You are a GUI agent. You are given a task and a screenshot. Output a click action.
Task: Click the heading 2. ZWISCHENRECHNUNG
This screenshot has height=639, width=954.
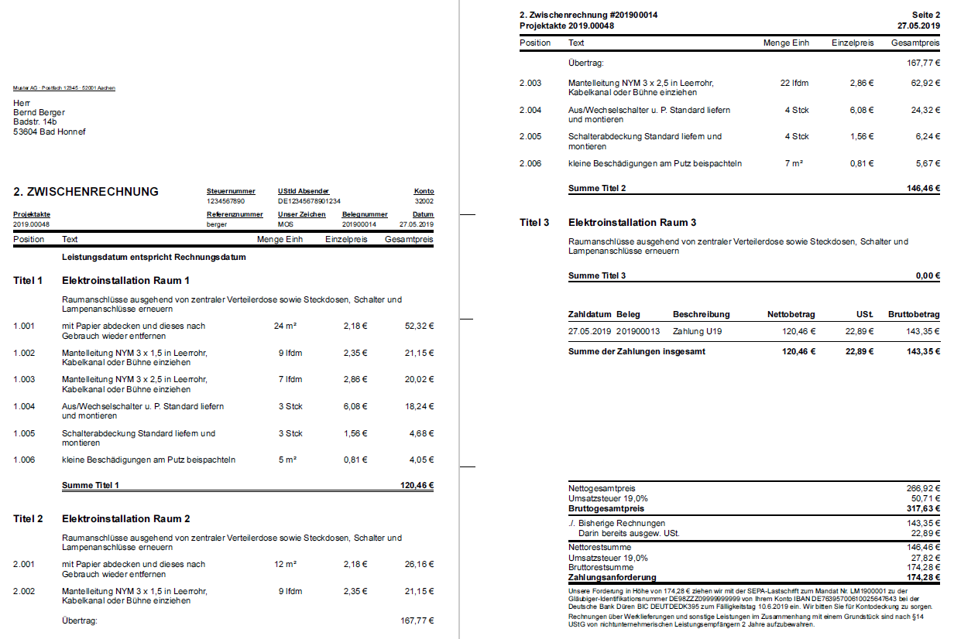pyautogui.click(x=86, y=192)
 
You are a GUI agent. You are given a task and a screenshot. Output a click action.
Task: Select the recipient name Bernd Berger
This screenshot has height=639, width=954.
pyautogui.click(x=39, y=112)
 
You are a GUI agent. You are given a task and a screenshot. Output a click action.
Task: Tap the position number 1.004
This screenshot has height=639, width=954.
pyautogui.click(x=24, y=406)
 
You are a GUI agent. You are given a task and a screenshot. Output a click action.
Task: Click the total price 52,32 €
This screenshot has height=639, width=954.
pyautogui.click(x=419, y=326)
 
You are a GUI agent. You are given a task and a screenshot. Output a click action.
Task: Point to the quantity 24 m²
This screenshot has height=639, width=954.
pyautogui.click(x=285, y=326)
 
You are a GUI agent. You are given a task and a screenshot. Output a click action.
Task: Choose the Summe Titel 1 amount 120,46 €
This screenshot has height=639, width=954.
pyautogui.click(x=417, y=486)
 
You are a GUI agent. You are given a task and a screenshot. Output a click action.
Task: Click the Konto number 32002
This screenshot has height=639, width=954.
pyautogui.click(x=424, y=200)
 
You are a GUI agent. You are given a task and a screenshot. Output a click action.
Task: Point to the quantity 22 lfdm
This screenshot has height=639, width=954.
pyautogui.click(x=794, y=83)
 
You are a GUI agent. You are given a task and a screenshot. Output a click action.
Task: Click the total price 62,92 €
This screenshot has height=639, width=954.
pyautogui.click(x=925, y=83)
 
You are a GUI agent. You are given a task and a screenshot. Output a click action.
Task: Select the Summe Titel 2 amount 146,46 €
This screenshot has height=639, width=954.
pyautogui.click(x=922, y=188)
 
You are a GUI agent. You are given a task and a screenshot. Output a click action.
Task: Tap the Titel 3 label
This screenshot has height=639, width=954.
pyautogui.click(x=534, y=223)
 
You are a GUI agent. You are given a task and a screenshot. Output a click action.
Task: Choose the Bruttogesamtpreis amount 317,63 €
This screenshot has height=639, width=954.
pyautogui.click(x=922, y=509)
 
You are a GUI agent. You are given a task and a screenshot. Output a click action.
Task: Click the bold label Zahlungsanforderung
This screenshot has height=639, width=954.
pyautogui.click(x=612, y=577)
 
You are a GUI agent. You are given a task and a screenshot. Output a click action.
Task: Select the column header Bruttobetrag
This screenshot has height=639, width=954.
pyautogui.click(x=914, y=315)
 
